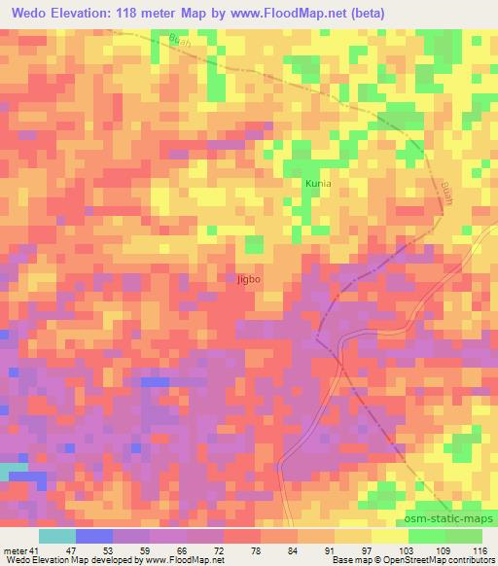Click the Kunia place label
[x=321, y=182]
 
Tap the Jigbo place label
[x=249, y=279]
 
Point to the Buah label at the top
[x=179, y=42]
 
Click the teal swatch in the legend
[x=56, y=536]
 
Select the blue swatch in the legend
[x=93, y=536]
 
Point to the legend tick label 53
[x=120, y=550]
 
